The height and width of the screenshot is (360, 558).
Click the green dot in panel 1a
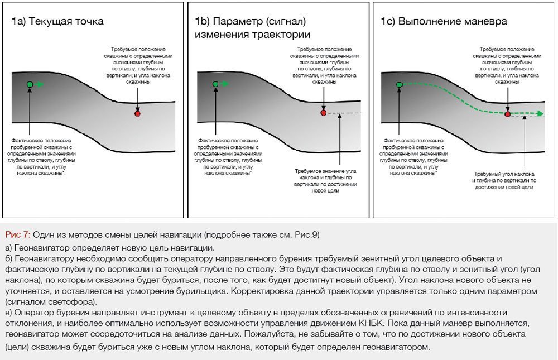[x=30, y=84]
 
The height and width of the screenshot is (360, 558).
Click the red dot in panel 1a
[x=137, y=113]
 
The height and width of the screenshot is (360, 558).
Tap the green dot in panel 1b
[x=215, y=84]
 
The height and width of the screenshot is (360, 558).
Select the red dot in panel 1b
[x=323, y=113]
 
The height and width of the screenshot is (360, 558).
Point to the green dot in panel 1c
[x=399, y=84]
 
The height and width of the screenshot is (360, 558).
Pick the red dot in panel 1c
[x=507, y=113]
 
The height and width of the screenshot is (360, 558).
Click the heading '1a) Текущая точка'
[x=57, y=22]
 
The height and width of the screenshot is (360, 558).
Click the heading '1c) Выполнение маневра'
[x=444, y=22]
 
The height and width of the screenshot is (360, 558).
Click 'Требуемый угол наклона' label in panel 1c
[x=505, y=174]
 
